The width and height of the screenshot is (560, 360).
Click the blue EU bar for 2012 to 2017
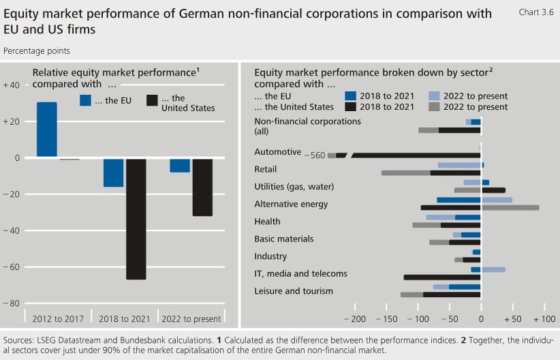tap(47, 130)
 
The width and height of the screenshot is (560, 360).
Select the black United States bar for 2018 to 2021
tap(136, 219)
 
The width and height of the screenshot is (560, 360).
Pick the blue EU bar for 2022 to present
tap(180, 165)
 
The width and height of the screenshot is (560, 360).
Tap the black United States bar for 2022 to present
tap(202, 187)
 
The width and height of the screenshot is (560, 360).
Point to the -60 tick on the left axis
tap(12, 267)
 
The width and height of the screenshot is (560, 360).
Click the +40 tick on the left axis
tap(12, 85)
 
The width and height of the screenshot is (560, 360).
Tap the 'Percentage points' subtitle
tap(36, 50)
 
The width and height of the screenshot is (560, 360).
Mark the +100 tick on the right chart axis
tap(544, 318)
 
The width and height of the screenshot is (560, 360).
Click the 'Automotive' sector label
tap(277, 152)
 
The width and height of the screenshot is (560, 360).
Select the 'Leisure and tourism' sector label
tap(294, 291)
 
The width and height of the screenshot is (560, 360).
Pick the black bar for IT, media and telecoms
tap(442, 277)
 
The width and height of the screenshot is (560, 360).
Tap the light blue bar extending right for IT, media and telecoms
tap(493, 269)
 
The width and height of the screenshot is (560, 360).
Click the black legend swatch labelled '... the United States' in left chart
tap(152, 101)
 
